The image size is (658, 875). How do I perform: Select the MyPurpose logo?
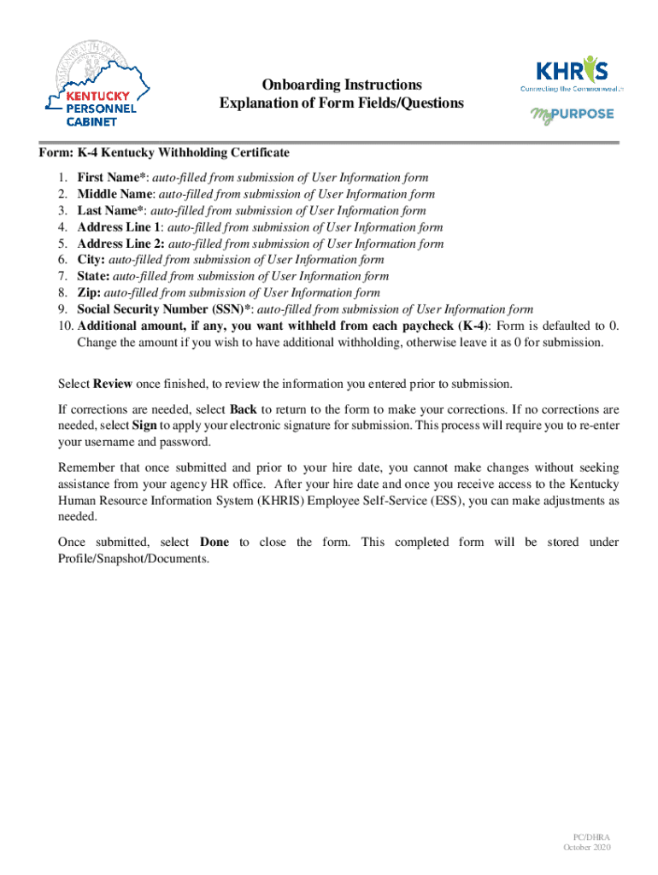[x=572, y=115]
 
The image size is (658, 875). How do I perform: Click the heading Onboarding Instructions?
[x=342, y=85]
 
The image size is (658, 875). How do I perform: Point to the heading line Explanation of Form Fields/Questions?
[x=342, y=103]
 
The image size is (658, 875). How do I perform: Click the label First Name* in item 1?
[x=114, y=178]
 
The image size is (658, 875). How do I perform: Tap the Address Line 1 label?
[x=119, y=227]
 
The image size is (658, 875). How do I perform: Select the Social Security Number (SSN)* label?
[x=165, y=309]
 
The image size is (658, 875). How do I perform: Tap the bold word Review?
[x=112, y=384]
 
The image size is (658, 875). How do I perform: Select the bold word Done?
[x=214, y=543]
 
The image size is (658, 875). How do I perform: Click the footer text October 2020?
[x=586, y=847]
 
